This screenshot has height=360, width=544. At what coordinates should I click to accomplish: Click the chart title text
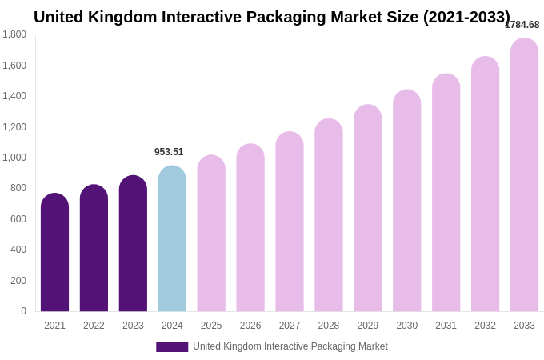point(272,17)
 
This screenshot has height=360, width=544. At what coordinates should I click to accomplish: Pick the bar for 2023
point(133,244)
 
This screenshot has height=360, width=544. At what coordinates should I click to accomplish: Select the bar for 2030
point(406,201)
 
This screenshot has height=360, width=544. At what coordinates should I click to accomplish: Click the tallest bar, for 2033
point(524,175)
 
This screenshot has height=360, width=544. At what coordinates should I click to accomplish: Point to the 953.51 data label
point(169,152)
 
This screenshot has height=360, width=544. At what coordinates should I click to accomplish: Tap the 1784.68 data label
point(522,25)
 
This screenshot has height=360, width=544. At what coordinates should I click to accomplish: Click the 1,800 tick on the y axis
point(14,34)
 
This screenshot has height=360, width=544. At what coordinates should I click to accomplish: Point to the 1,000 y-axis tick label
point(14,158)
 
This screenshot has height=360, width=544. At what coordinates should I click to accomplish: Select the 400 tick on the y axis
point(18,250)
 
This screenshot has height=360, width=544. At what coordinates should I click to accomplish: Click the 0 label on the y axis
point(23,311)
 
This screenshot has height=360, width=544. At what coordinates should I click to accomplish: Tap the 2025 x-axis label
point(211,326)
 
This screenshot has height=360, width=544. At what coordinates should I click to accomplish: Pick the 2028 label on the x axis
point(329,326)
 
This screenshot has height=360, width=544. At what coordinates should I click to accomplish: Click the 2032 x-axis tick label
point(485,326)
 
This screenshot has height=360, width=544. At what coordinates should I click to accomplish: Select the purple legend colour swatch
point(172,347)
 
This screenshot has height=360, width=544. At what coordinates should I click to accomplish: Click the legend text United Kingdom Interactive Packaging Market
point(290,346)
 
